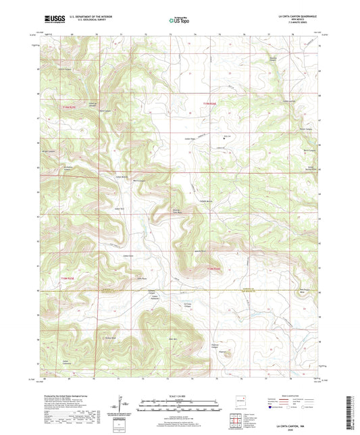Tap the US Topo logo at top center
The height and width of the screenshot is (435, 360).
click(x=177, y=21)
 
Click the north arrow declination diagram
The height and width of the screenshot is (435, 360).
click(x=126, y=404)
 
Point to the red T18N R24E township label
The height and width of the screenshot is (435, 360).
click(x=213, y=270)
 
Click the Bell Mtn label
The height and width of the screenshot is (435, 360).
click(x=172, y=338)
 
